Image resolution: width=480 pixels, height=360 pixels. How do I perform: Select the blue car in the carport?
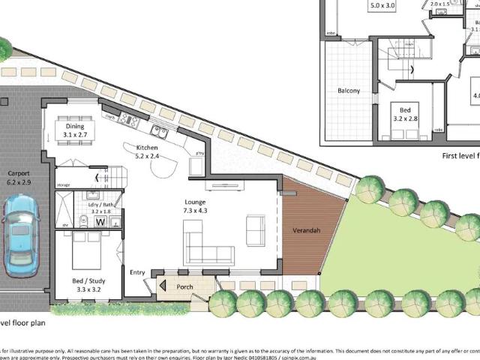click(x=18, y=236)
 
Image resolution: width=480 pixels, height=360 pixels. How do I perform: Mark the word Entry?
click(x=137, y=272)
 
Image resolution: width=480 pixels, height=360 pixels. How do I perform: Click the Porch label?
click(x=184, y=286)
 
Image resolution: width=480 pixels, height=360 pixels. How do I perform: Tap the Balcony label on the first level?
click(x=348, y=91)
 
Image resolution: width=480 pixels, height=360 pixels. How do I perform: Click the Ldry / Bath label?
click(x=100, y=207)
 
